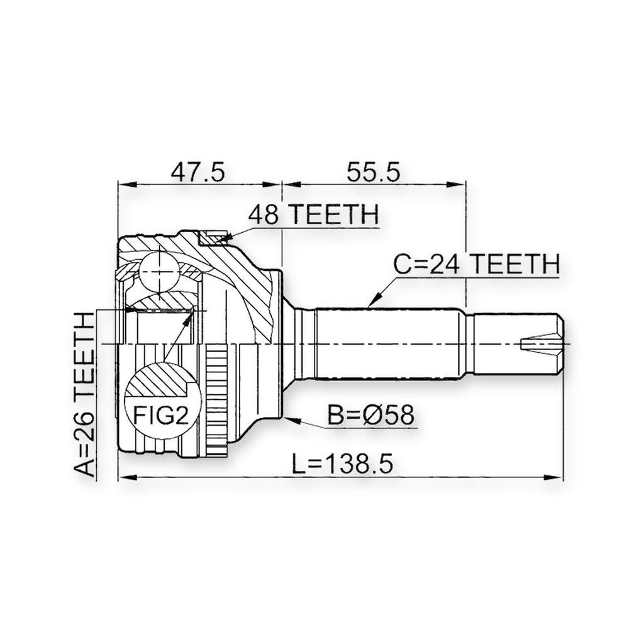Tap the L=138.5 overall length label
[343, 464]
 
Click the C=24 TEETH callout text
[477, 264]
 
